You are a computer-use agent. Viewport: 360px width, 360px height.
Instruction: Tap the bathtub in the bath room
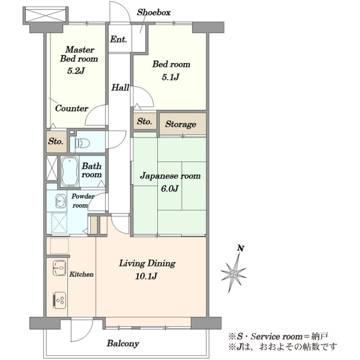coord(70,171)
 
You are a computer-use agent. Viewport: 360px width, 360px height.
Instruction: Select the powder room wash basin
coord(60,200)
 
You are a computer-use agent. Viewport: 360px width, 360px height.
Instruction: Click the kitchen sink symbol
coord(59,268)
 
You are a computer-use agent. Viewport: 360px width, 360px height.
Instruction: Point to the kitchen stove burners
coord(59,299)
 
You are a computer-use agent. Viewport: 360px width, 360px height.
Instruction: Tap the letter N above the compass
coord(241,248)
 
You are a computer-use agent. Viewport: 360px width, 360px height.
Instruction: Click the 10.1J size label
coord(146,276)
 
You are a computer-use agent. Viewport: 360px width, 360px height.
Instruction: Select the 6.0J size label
coord(170,188)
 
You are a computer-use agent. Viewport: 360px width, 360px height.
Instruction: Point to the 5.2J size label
coord(76,71)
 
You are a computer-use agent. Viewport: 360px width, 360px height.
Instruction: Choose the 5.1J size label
coord(170,77)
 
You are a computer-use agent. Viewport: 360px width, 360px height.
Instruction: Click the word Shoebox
coord(154,13)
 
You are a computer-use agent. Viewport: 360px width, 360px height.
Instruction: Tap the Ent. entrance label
coord(118,39)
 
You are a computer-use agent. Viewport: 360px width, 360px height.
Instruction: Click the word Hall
coord(120,87)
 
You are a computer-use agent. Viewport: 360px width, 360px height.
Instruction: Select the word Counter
coord(71,108)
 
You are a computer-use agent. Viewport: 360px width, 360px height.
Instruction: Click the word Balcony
coord(123,344)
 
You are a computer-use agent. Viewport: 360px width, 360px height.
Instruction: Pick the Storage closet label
coord(181,124)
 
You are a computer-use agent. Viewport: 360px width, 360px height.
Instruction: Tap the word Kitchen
coord(82,274)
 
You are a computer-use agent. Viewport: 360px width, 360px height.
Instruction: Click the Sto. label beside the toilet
coord(56,141)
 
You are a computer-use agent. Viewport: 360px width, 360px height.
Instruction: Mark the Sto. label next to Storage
coord(145,121)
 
